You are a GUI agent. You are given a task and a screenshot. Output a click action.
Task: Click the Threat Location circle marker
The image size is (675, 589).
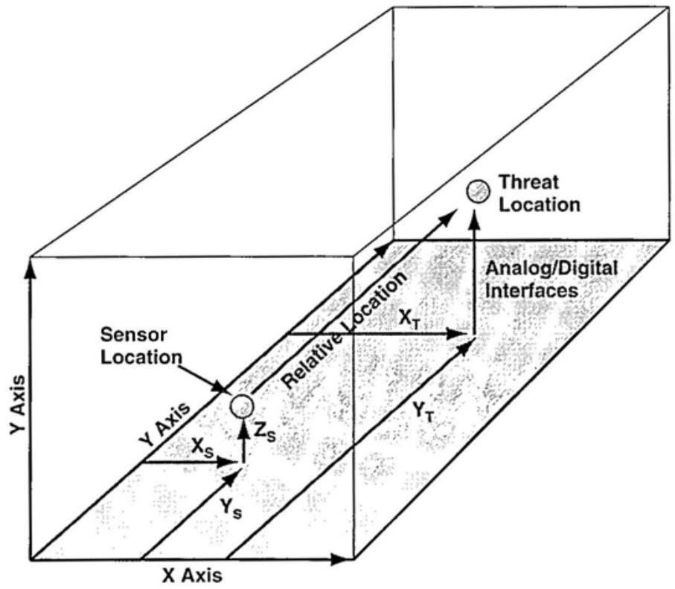click(476, 191)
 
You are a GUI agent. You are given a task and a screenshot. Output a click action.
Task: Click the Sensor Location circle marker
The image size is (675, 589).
click(241, 406)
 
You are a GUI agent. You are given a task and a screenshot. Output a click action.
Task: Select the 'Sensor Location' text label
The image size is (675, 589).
click(141, 346)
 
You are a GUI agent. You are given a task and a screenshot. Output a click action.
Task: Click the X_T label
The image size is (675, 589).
click(408, 319)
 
